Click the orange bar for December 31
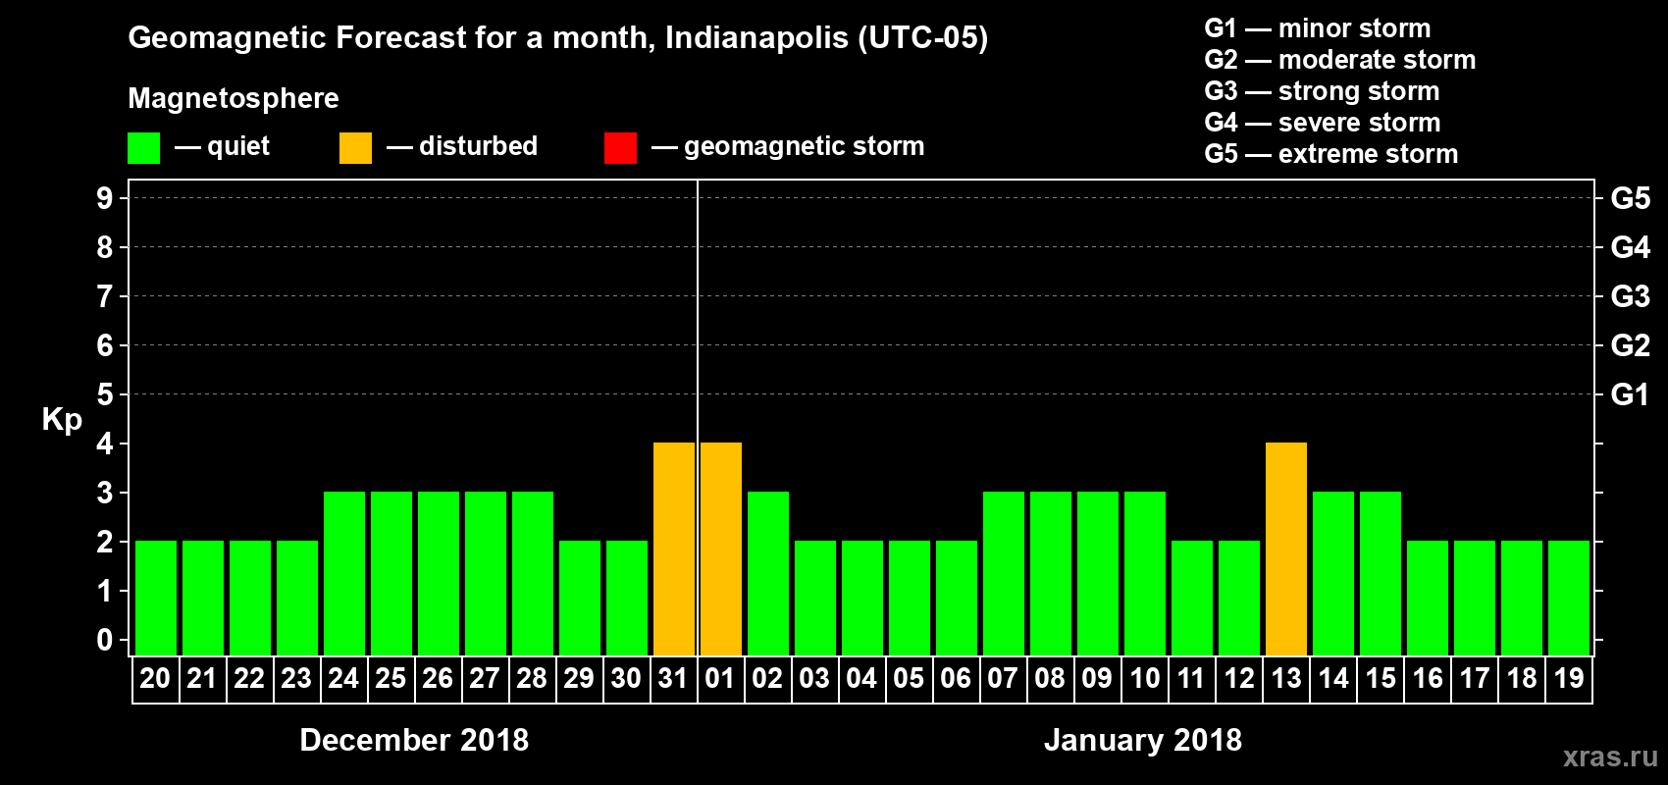(x=674, y=549)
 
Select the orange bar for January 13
(x=1286, y=549)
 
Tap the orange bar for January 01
(x=721, y=549)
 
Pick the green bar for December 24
(x=344, y=574)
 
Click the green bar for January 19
(x=1569, y=599)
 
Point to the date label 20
(x=155, y=679)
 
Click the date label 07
(x=1003, y=679)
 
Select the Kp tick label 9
(x=105, y=198)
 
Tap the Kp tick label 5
(x=105, y=394)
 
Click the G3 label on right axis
(x=1630, y=296)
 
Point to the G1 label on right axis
(x=1630, y=394)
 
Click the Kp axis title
(x=62, y=419)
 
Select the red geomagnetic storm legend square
(x=620, y=148)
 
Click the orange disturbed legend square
(x=355, y=148)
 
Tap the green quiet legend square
(x=143, y=148)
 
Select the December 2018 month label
(x=414, y=740)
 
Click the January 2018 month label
(x=1143, y=740)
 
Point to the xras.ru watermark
(x=1610, y=757)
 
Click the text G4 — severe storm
(x=1322, y=123)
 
